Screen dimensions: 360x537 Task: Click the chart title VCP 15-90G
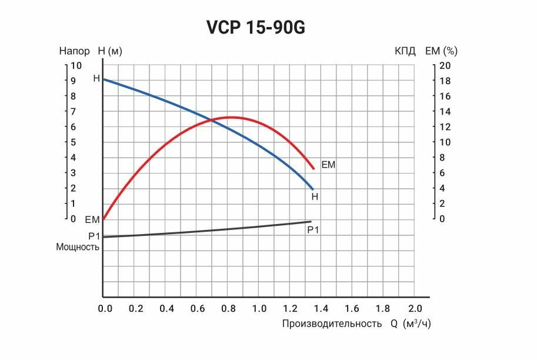point(256,27)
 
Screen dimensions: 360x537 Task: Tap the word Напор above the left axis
point(75,51)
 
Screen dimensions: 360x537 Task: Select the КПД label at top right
point(405,51)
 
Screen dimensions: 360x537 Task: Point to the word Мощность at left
point(78,247)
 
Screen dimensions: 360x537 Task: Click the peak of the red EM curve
point(231,117)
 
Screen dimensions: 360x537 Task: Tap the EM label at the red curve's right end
point(328,165)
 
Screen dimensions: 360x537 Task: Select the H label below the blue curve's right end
point(315,197)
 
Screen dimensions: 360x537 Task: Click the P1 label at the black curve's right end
point(313,230)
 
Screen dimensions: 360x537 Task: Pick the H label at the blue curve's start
point(96,78)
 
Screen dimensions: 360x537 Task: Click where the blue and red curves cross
point(210,121)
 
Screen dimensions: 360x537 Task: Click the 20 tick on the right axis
point(445,66)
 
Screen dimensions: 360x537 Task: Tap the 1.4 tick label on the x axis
point(321,308)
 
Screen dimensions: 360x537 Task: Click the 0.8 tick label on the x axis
point(228,308)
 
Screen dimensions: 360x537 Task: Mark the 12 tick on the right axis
point(445,127)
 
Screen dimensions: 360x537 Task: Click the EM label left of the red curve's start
point(92,220)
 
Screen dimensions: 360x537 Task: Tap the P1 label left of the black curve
point(94,236)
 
